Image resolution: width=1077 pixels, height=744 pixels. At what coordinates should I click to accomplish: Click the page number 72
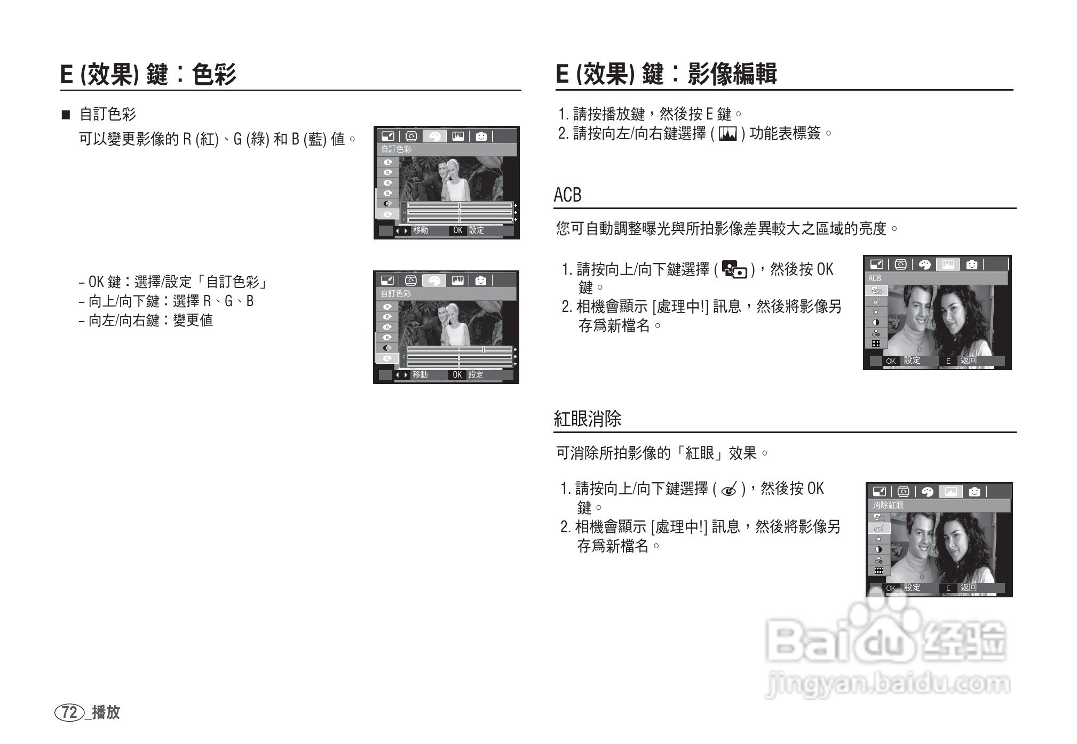click(69, 713)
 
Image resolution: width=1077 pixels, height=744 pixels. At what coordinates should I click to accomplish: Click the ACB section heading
click(567, 195)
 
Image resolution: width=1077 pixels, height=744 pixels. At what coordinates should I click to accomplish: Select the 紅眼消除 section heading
click(588, 419)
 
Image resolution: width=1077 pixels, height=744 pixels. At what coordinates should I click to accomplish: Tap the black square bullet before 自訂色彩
click(66, 115)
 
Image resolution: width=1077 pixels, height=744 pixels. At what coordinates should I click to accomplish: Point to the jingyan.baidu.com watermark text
click(888, 684)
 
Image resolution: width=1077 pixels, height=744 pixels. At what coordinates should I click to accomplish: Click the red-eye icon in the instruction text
click(728, 489)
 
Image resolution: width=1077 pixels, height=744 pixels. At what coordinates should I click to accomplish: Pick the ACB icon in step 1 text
click(734, 269)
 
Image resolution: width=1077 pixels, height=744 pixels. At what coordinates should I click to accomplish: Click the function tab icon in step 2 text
click(728, 134)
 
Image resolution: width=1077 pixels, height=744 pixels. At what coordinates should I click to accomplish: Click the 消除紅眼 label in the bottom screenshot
click(888, 505)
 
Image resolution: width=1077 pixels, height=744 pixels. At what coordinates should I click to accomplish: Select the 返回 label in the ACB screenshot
click(968, 360)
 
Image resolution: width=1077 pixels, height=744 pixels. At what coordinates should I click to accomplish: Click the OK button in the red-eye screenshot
click(890, 588)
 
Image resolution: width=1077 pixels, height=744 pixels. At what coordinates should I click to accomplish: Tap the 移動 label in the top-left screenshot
click(420, 230)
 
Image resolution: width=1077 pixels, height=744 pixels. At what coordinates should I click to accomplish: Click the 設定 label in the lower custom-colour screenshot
click(476, 374)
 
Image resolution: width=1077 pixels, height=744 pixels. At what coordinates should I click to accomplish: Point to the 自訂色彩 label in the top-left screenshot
click(396, 149)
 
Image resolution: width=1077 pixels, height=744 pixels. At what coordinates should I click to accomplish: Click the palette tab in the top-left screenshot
click(434, 137)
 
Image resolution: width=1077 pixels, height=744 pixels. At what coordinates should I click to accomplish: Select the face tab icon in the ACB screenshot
click(971, 265)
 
